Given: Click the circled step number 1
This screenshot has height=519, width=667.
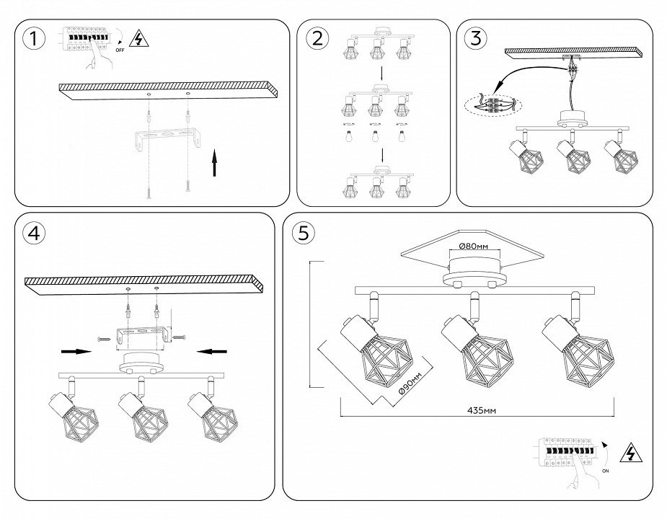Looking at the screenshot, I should point(31,38).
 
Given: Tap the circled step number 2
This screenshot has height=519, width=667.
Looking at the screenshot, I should point(316,38).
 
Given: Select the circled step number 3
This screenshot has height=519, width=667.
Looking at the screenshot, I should point(474,38).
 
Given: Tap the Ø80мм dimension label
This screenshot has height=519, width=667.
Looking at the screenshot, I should point(474,247).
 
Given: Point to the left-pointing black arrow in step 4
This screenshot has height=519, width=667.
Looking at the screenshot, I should point(213,352).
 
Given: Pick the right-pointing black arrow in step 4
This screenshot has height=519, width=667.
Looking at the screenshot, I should point(76,352).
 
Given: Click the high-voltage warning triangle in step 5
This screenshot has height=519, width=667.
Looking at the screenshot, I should point(632,453).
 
